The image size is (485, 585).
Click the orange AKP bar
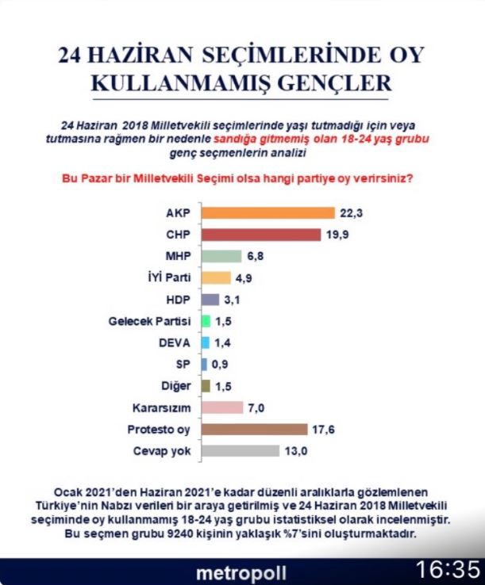268,213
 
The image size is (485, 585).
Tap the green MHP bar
221,257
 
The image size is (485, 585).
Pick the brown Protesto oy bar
255,429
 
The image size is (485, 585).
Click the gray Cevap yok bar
241,450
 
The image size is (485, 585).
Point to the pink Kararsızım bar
222,407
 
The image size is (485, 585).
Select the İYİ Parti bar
216,278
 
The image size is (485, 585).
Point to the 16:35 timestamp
448,570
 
